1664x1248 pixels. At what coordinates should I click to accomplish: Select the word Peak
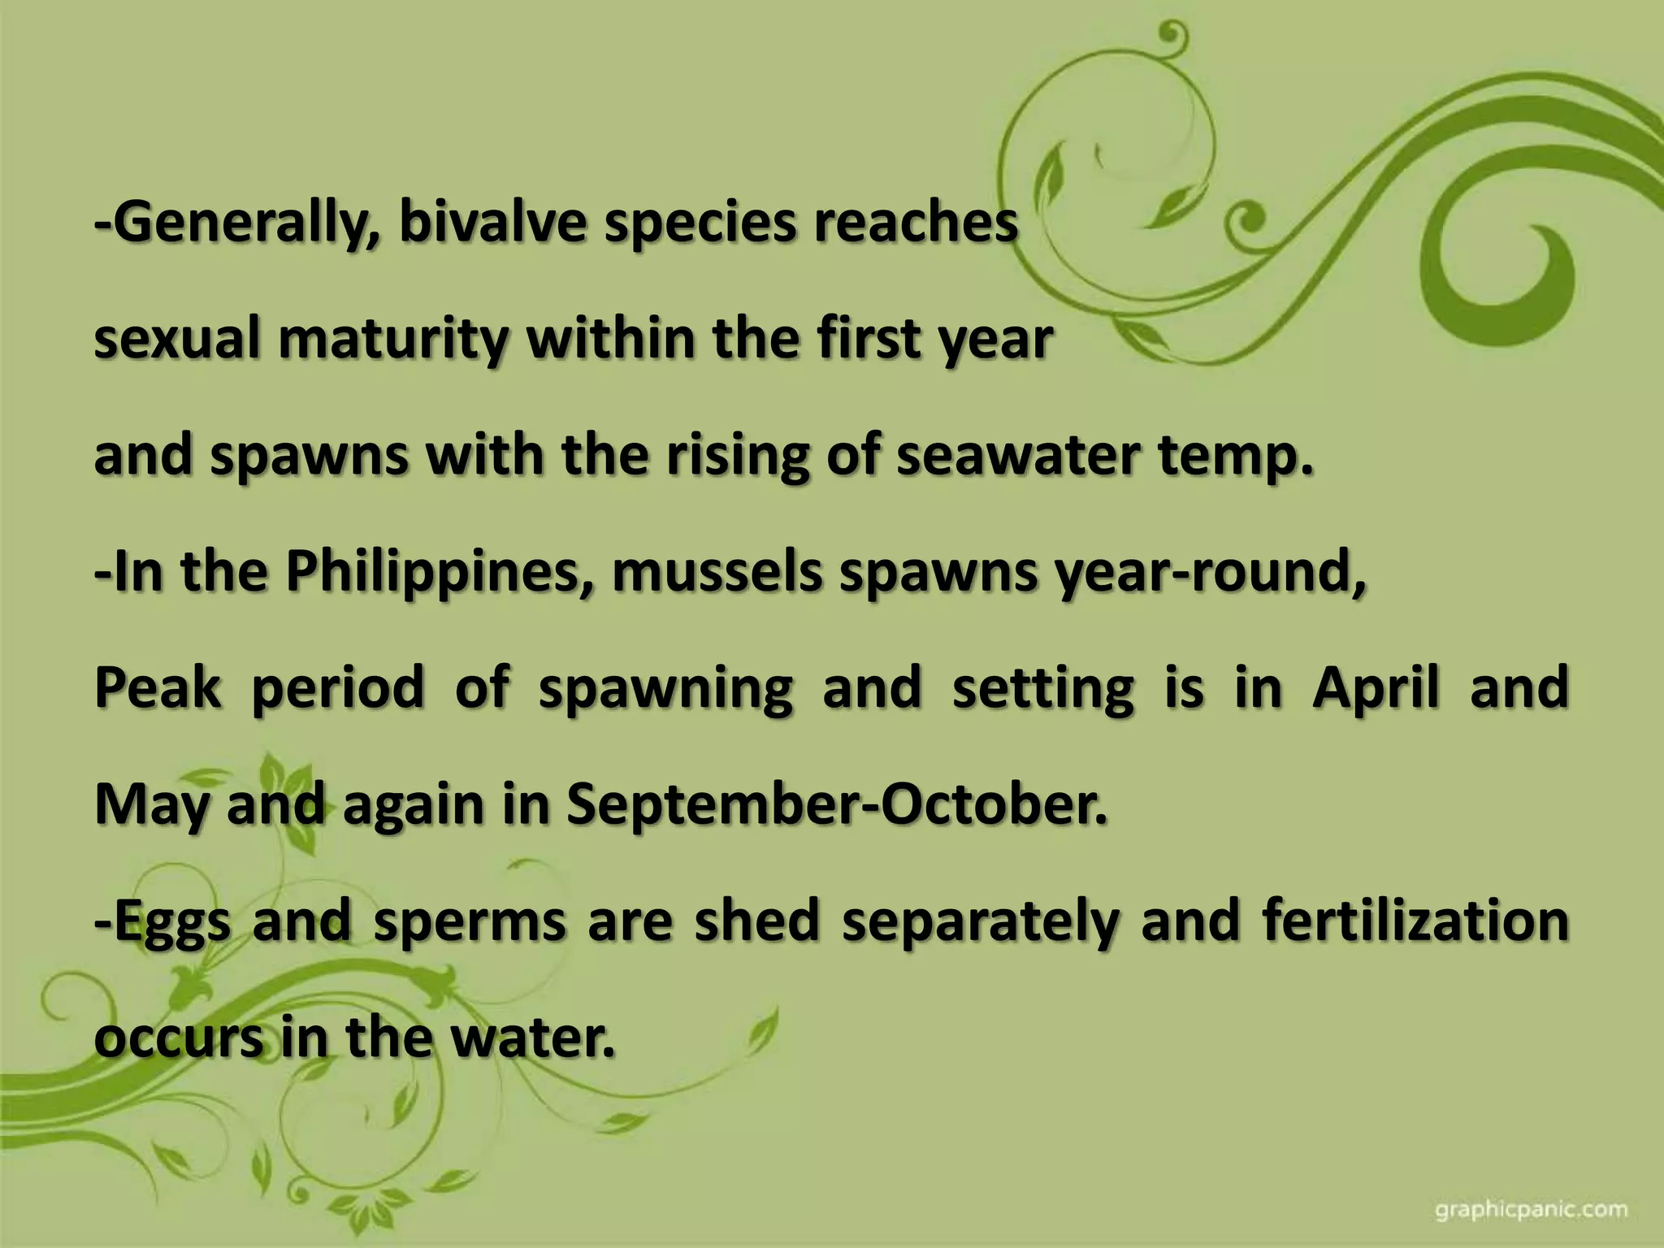[158, 688]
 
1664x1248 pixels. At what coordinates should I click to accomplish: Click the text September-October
[837, 806]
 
